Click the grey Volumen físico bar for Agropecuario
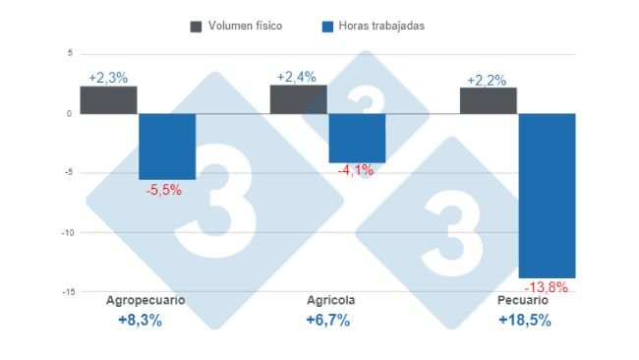pos(108,100)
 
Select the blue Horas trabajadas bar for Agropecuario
pos(167,146)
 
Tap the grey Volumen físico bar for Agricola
pos(298,99)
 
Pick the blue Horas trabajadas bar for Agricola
pos(357,138)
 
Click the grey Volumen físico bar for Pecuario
pos(488,100)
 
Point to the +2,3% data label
pos(108,78)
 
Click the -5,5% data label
pos(163,190)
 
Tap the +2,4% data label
pos(297,76)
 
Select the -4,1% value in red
pos(356,171)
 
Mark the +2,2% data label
pos(487,80)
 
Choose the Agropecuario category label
pos(145,300)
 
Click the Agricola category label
pos(330,300)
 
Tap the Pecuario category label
pos(523,300)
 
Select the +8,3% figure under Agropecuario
pos(139,321)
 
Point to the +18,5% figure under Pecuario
pos(524,321)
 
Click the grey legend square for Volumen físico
pos(196,26)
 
